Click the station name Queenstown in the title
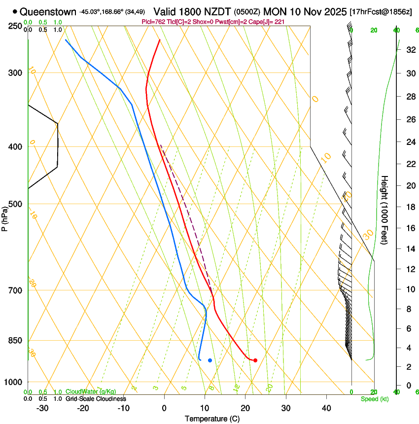pos(48,12)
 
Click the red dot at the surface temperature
pos(255,360)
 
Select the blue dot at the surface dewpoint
pos(210,360)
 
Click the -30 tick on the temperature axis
pos(42,408)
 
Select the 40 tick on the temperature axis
pos(326,408)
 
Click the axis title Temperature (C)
pos(212,419)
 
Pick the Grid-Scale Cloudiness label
pos(95,399)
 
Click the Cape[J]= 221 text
pos(267,22)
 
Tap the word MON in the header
pos(274,12)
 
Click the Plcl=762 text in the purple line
pos(153,22)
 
